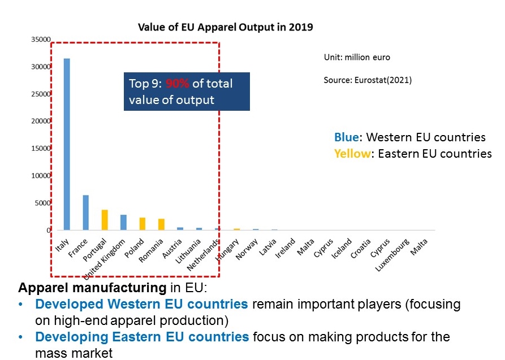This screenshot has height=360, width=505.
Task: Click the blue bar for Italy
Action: coord(67,144)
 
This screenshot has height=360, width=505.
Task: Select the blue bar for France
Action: coord(86,212)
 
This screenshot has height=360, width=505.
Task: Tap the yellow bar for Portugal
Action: coord(105,220)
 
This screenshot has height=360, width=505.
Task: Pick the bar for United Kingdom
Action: coord(123,222)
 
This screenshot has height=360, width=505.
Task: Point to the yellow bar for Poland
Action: coord(143,224)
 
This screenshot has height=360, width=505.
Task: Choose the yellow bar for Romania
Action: coord(161,224)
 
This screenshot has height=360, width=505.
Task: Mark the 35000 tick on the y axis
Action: coord(41,40)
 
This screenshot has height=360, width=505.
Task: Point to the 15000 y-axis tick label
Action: coord(41,148)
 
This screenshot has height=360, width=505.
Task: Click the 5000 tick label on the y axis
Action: coord(44,203)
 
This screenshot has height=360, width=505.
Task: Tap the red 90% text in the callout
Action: coord(178,84)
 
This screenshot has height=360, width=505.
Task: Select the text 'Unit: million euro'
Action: coord(356,58)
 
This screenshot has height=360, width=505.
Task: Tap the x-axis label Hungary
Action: coord(227,249)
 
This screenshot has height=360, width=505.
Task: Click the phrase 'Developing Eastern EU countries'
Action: coord(141,337)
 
